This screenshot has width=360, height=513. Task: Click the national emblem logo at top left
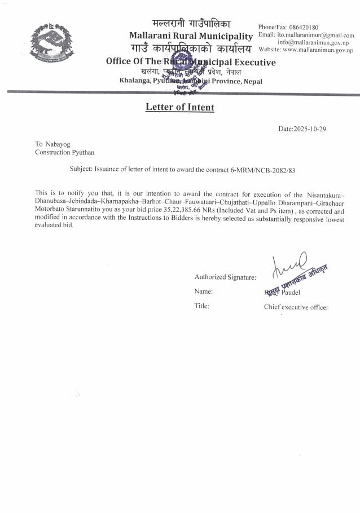click(51, 42)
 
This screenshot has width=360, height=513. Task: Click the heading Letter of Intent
click(180, 107)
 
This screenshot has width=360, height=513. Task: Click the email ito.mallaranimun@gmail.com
click(315, 35)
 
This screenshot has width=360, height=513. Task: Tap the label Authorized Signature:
click(225, 277)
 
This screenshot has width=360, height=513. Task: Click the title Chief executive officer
click(296, 307)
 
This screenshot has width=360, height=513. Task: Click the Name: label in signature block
click(203, 291)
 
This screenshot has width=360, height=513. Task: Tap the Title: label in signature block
click(202, 306)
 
